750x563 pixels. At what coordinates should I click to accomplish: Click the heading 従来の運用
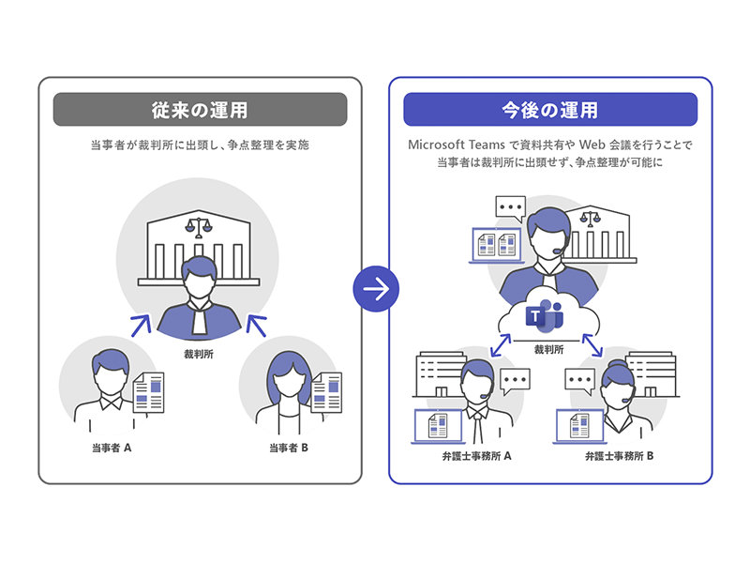pos(200,110)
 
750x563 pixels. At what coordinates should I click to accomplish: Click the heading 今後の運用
pos(549,110)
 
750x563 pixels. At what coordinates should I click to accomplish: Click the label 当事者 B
pos(288,448)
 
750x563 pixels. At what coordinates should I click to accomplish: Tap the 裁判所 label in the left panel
pos(200,356)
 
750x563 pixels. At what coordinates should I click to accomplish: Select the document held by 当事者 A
pos(147,394)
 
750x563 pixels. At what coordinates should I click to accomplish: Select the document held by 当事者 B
pos(325,394)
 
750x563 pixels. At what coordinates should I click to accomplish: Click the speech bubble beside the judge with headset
pos(511,208)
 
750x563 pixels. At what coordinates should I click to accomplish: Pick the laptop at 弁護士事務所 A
pos(439,427)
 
